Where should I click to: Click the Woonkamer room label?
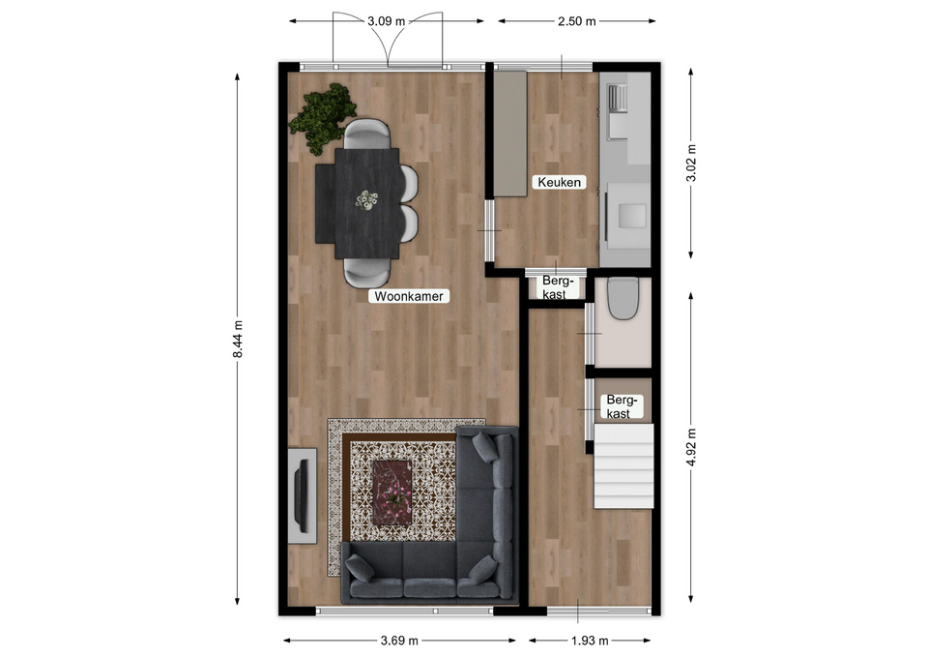(408, 296)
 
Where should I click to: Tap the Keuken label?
(560, 182)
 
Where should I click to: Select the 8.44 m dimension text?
(238, 339)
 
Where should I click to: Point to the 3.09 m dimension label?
(387, 21)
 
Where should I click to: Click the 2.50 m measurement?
(576, 21)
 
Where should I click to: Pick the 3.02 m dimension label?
(691, 163)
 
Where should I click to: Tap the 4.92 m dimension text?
(691, 447)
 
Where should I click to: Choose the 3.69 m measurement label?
(399, 641)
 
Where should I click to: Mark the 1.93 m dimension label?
(590, 641)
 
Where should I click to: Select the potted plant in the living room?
(323, 118)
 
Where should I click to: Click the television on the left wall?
(302, 495)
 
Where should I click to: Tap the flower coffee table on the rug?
(391, 493)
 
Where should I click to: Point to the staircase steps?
(623, 465)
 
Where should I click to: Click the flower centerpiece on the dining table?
(367, 200)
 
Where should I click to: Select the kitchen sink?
(619, 98)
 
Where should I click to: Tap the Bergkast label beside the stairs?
(618, 407)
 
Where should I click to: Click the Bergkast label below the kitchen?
(555, 286)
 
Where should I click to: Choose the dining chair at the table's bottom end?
(367, 274)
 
